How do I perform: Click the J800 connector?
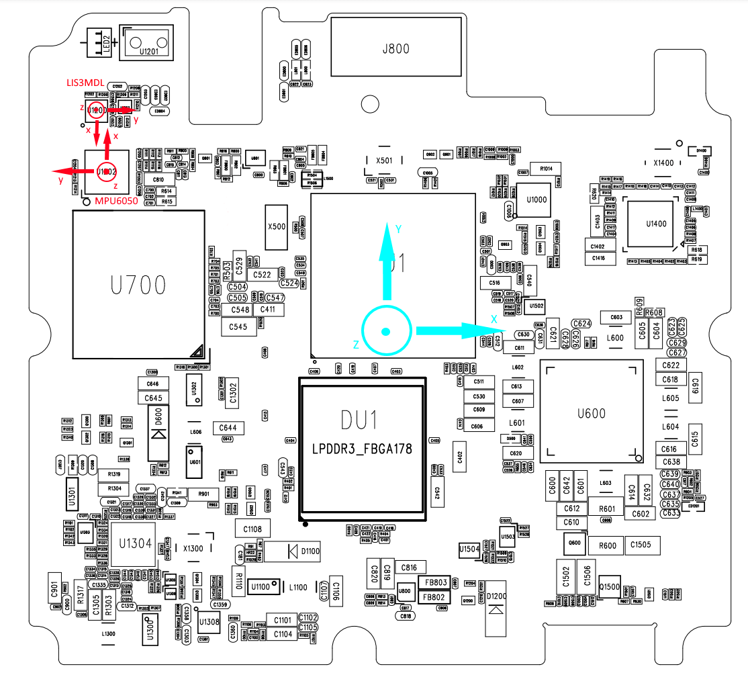pos(396,48)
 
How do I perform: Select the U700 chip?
pos(139,285)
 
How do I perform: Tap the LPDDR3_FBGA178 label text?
pos(362,449)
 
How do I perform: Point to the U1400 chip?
pos(656,224)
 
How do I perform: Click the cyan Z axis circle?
pos(385,330)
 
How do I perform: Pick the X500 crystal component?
pos(277,226)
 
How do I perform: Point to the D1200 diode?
pos(496,609)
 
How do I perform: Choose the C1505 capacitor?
pos(641,545)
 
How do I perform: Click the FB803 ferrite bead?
pos(433,582)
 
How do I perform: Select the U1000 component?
pos(536,199)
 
